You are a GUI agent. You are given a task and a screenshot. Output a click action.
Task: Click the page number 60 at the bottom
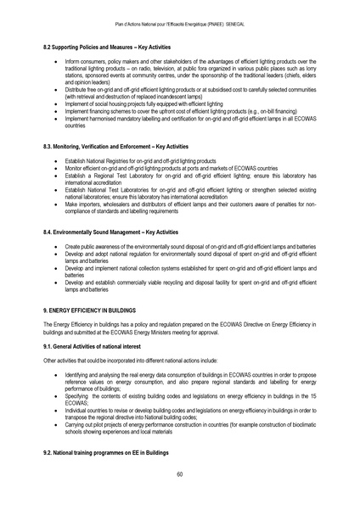(180, 474)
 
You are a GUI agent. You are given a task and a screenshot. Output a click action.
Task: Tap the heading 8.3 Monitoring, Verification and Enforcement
(115, 147)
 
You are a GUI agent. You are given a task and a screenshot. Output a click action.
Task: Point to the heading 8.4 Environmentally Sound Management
(110, 232)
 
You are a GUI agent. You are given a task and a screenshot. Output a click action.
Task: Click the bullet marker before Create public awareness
(56, 244)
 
